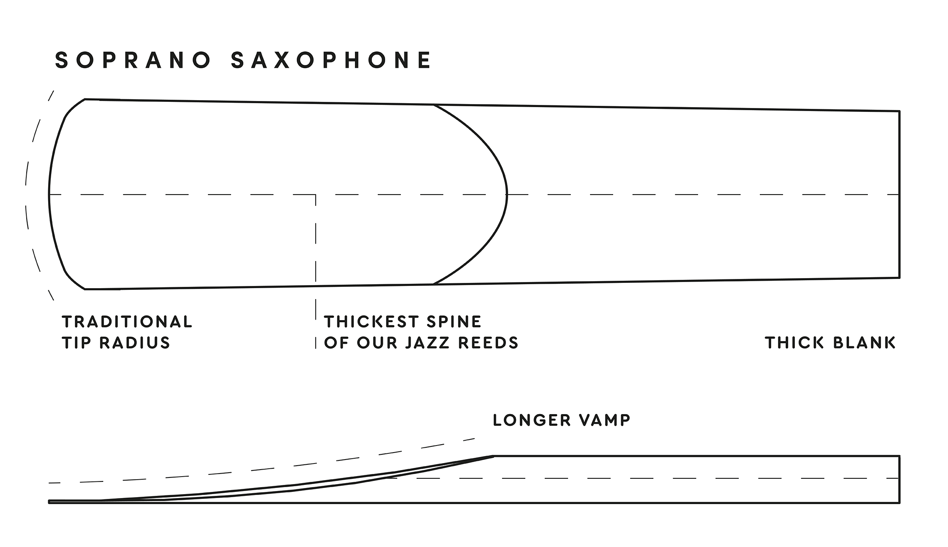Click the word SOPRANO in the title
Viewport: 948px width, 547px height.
[133, 60]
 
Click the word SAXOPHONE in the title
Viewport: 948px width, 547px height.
[331, 60]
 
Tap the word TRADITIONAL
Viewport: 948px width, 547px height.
[127, 322]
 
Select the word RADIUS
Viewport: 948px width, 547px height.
[135, 343]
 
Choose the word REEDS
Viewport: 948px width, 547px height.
[488, 343]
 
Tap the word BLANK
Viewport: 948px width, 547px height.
[864, 343]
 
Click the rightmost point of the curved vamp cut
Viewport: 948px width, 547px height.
[507, 194]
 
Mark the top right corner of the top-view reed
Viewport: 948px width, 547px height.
[899, 111]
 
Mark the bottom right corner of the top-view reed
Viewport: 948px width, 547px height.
[899, 278]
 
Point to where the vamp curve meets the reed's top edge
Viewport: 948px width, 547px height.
[433, 105]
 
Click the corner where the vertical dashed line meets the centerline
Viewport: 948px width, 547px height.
[316, 194]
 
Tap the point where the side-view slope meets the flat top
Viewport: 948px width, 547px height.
[494, 456]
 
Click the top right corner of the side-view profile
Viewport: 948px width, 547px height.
[899, 456]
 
